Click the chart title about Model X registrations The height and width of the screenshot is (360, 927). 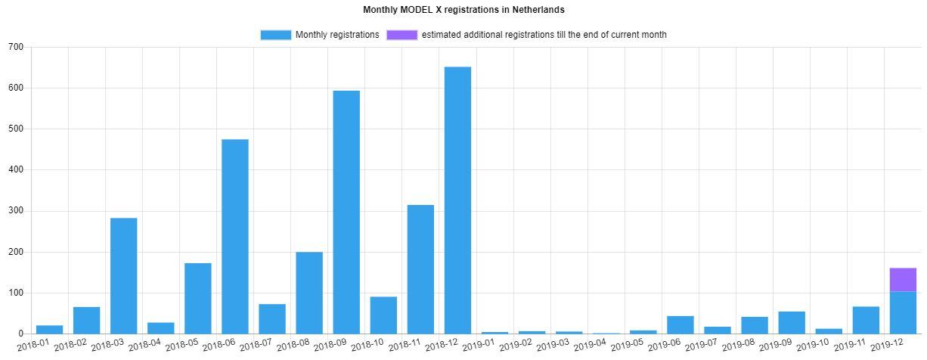click(x=463, y=10)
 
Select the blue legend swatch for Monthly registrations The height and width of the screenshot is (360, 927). click(x=275, y=35)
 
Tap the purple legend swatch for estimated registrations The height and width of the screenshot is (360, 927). click(x=401, y=35)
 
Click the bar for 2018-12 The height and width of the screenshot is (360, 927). click(x=457, y=200)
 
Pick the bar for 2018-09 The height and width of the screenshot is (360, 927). click(x=346, y=212)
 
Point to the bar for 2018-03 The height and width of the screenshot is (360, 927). click(x=124, y=275)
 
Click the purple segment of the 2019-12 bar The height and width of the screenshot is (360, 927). click(x=903, y=280)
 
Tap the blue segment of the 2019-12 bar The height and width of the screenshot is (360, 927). click(x=903, y=312)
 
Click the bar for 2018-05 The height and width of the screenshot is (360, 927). click(x=198, y=298)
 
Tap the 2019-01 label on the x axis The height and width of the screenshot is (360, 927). click(x=479, y=346)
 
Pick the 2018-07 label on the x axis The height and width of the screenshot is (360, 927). click(x=257, y=346)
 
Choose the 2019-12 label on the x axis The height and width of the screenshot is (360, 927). click(x=888, y=346)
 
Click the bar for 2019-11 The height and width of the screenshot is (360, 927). click(x=866, y=320)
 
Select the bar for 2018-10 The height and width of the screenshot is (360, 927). click(x=383, y=315)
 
